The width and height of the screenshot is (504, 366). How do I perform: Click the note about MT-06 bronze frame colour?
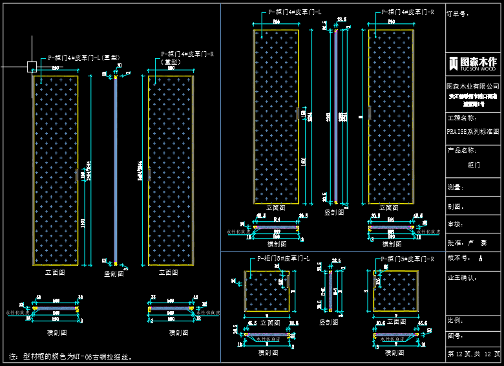click(74, 356)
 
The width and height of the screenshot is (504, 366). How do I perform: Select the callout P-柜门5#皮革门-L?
click(284, 258)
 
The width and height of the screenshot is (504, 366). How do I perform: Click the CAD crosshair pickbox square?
click(32, 66)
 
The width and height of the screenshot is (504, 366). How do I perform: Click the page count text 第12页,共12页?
click(474, 354)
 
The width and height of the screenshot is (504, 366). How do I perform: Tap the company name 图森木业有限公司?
click(473, 86)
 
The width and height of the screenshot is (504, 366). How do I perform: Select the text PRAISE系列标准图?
click(473, 131)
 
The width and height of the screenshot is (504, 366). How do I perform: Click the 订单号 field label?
click(457, 14)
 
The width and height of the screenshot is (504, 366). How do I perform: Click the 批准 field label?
click(456, 242)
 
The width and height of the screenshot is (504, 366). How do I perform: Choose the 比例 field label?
click(455, 320)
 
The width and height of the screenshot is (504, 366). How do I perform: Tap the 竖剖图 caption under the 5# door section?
click(330, 321)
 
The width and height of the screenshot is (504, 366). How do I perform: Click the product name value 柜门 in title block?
click(474, 165)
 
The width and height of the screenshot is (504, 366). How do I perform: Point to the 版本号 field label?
click(458, 257)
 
